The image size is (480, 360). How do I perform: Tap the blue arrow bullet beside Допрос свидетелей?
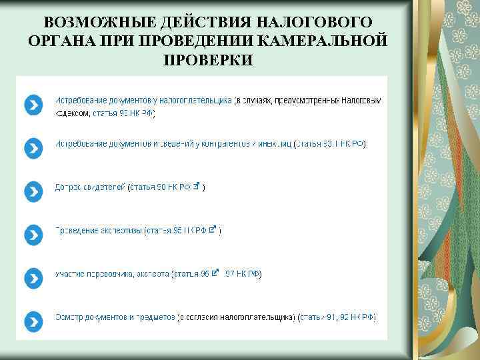coord(33,191)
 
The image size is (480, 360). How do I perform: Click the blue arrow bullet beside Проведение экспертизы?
coord(33,234)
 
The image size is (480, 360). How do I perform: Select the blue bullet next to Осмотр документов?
coord(33,319)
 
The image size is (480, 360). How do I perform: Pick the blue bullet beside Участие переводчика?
coord(33,277)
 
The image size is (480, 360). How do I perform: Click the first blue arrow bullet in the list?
coord(33,105)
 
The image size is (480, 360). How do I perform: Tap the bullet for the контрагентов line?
coord(33,148)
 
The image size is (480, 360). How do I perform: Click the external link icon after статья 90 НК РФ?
coord(196,187)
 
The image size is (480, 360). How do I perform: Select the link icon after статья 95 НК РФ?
coord(213,229)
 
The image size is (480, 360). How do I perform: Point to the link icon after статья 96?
coord(215,272)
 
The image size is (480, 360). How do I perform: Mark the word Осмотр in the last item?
coord(69,317)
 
